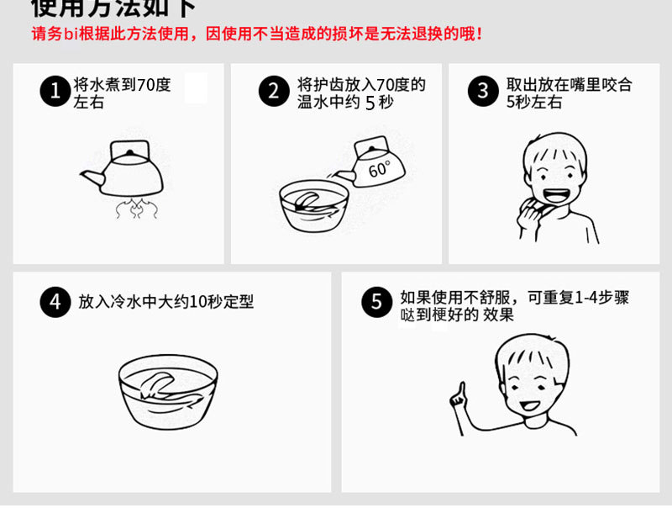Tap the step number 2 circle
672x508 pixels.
[x=273, y=91]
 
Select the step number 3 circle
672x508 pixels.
[x=482, y=91]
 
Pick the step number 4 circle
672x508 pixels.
[x=55, y=302]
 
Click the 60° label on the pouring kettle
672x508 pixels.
[x=380, y=168]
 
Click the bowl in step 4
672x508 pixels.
[x=167, y=393]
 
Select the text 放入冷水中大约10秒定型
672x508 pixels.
[x=166, y=302]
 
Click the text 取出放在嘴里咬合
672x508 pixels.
[x=569, y=85]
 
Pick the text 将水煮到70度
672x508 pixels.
[x=123, y=85]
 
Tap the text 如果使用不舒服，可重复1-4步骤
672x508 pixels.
[x=514, y=297]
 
